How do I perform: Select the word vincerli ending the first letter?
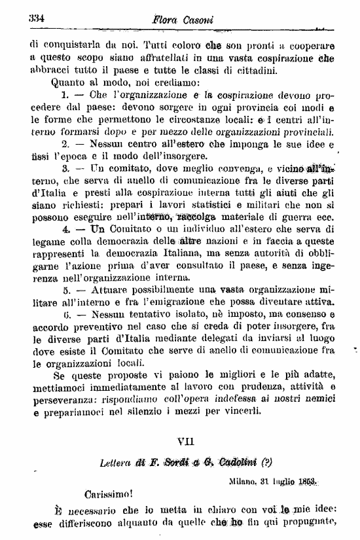[242, 412]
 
